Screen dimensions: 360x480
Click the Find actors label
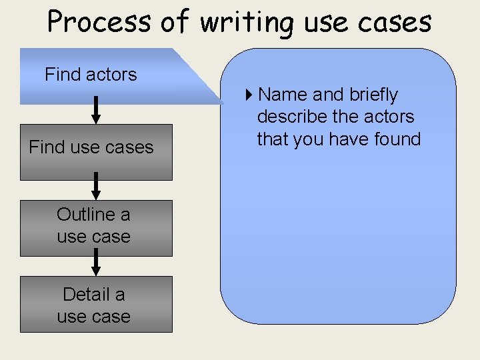(x=91, y=74)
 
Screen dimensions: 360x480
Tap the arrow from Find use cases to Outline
(x=96, y=186)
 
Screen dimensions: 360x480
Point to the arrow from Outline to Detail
(x=96, y=262)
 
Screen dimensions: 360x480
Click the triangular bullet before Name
(x=249, y=95)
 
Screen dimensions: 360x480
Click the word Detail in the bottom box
(x=85, y=294)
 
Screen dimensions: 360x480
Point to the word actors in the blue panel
(x=388, y=117)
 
